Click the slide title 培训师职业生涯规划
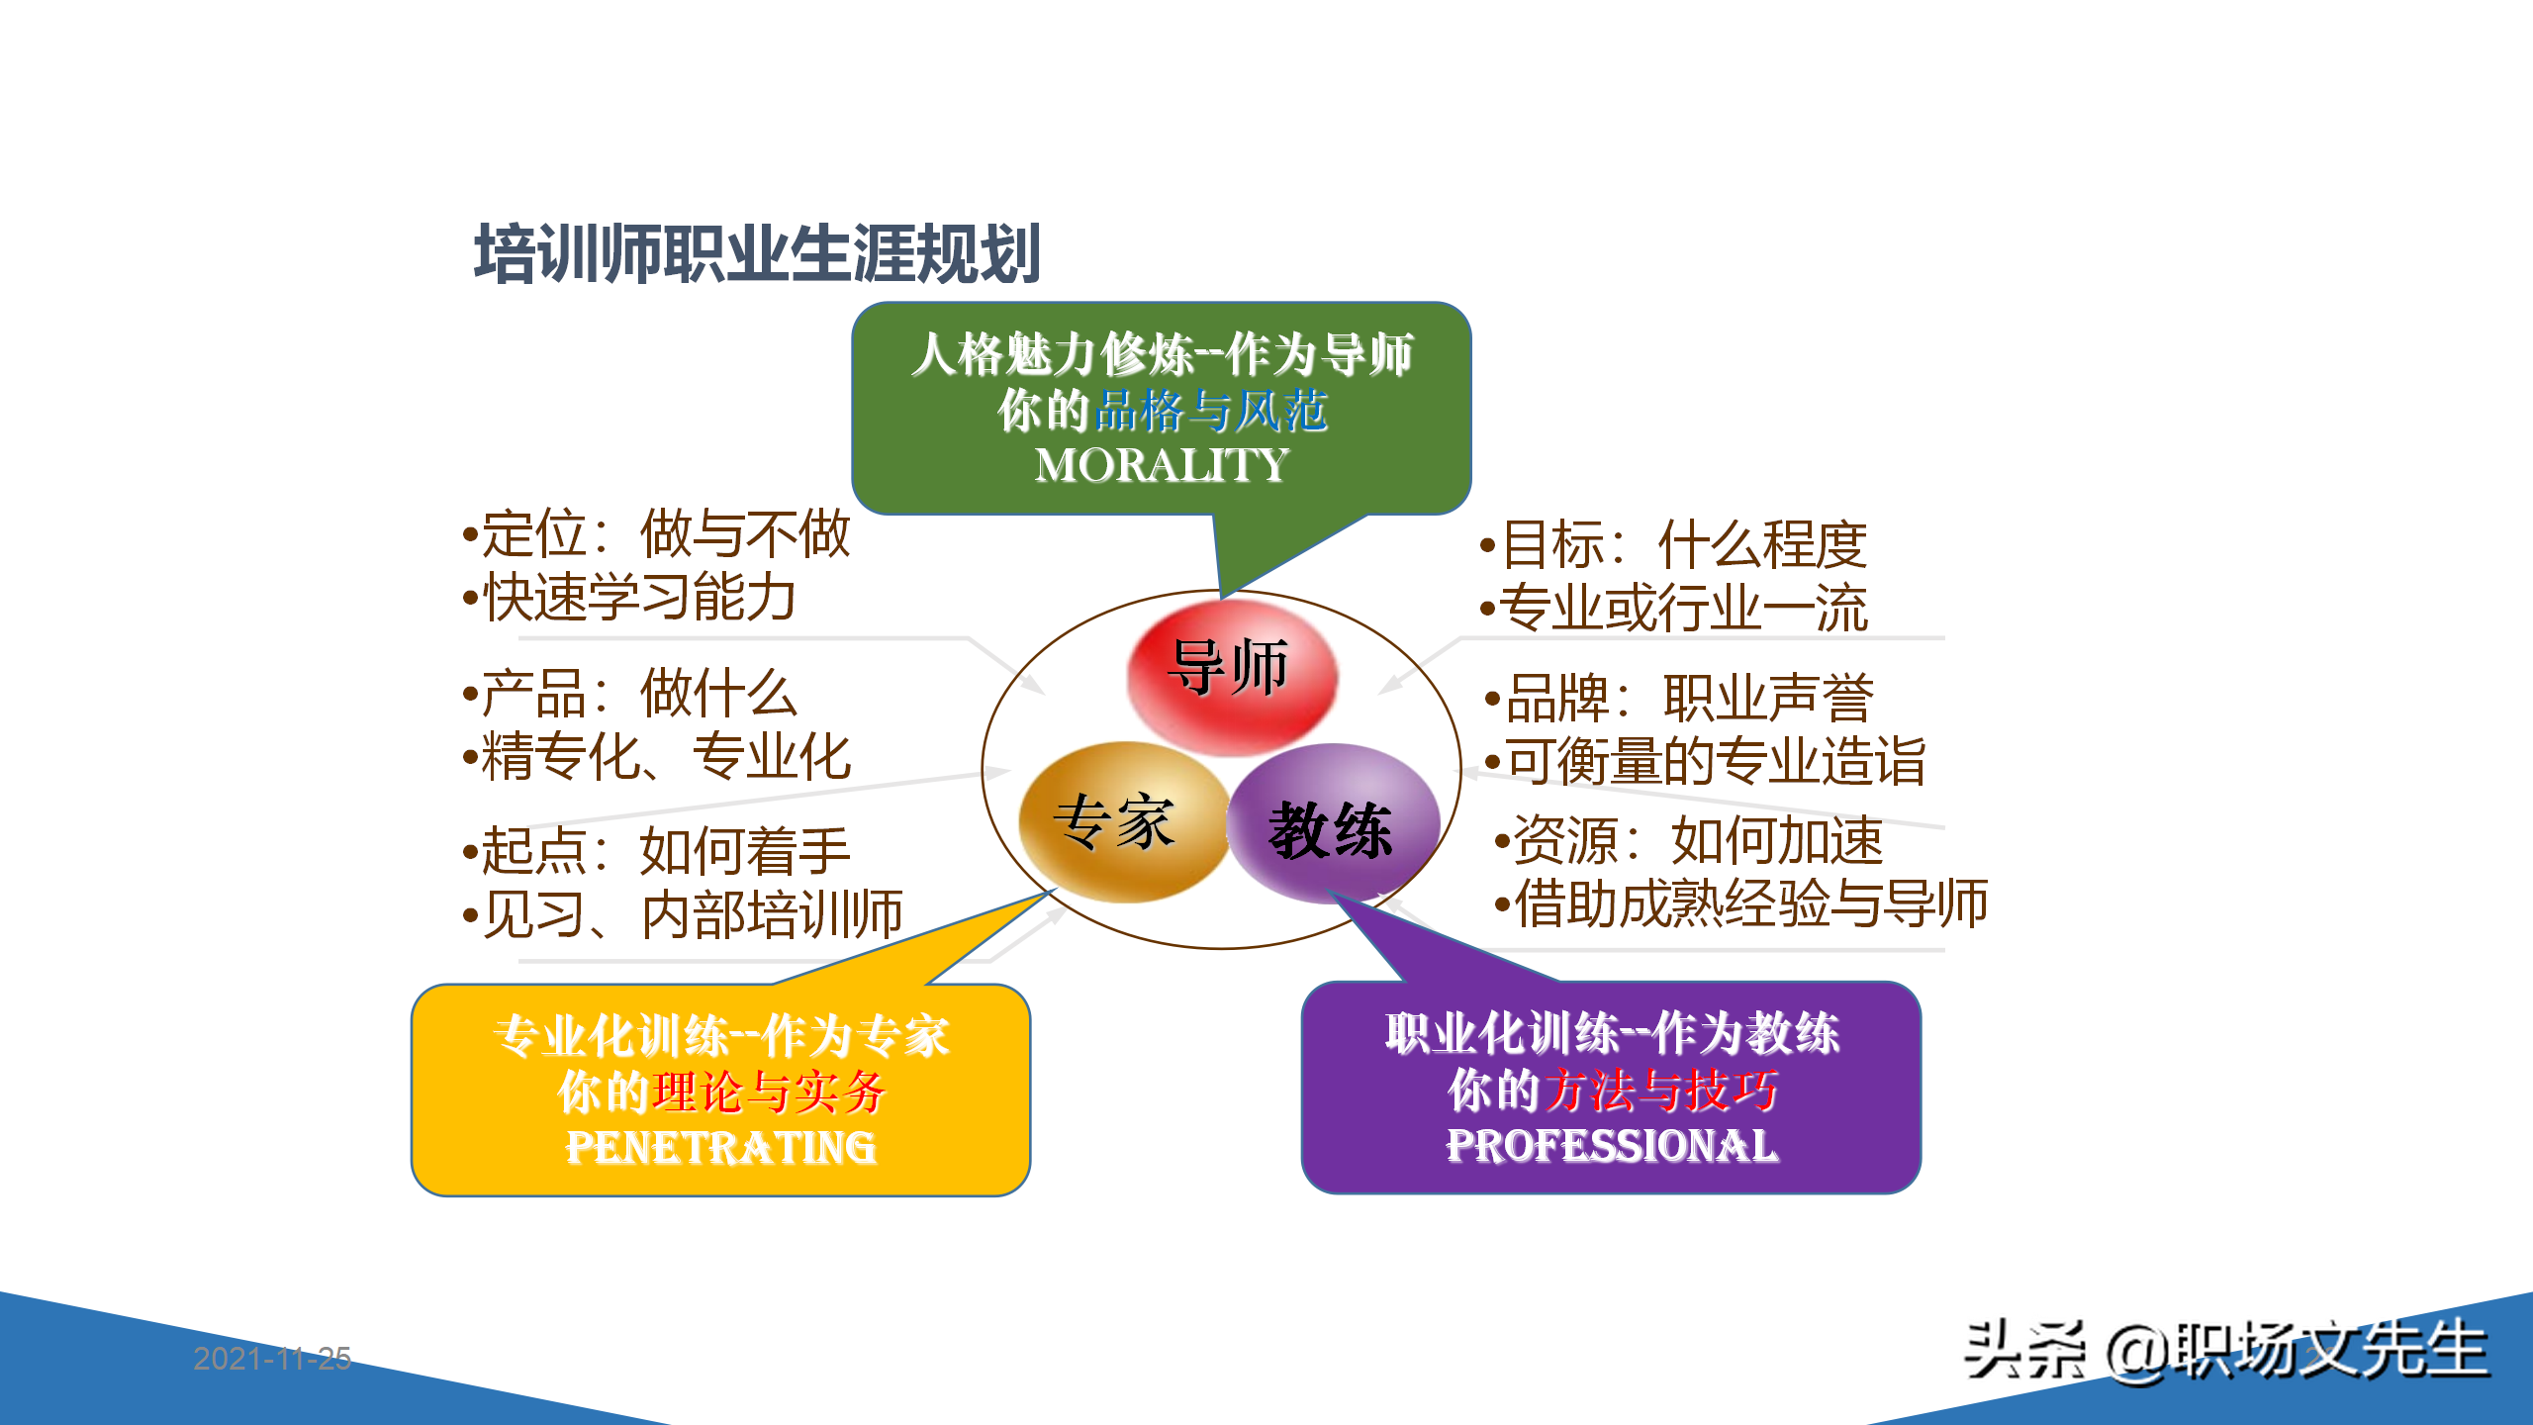tap(757, 254)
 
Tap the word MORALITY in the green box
tap(1162, 465)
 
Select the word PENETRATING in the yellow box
tap(720, 1148)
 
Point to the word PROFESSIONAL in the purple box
tap(1612, 1146)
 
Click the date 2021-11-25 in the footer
tap(272, 1358)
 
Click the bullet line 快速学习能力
tap(631, 598)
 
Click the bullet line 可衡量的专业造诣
tap(1706, 761)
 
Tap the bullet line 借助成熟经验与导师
tap(1741, 903)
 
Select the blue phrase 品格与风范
tap(1211, 411)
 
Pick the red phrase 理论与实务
tap(768, 1092)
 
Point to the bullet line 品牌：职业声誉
tap(1680, 698)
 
